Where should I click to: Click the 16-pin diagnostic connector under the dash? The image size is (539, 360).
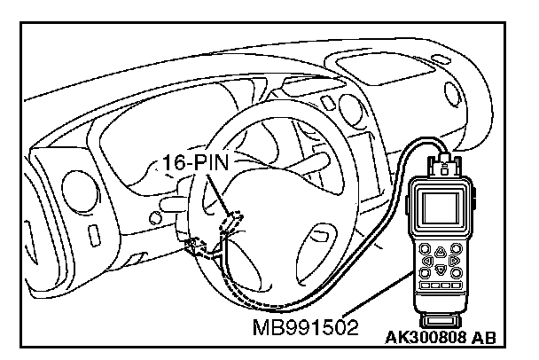[232, 220]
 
